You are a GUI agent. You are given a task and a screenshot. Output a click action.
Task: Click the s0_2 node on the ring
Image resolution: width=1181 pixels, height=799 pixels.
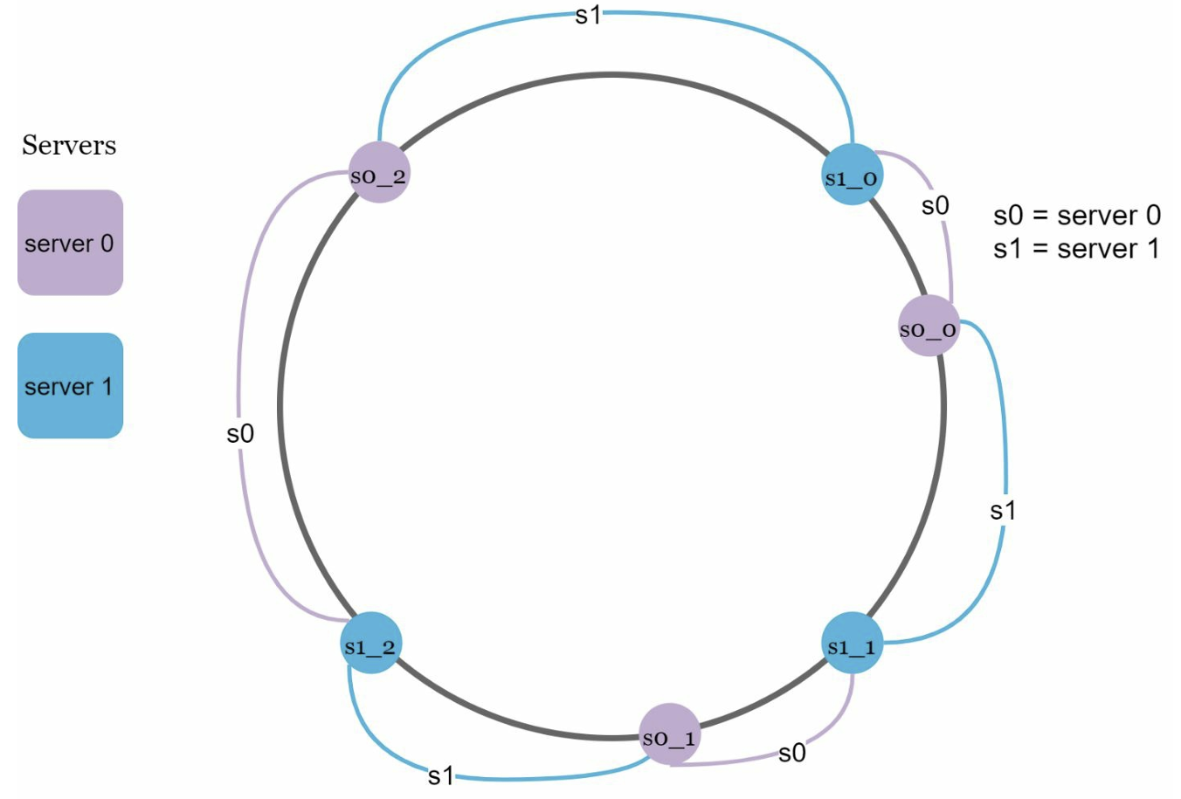coord(379,172)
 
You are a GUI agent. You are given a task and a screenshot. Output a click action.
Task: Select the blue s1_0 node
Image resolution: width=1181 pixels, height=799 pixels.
coord(852,174)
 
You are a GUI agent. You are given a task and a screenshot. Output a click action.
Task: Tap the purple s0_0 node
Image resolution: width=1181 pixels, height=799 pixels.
coord(929,325)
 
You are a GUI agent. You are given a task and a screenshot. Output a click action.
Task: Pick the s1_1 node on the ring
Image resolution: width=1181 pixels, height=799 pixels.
coord(852,643)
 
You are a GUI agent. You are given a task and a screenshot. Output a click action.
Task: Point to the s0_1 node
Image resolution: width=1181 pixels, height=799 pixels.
coord(670,734)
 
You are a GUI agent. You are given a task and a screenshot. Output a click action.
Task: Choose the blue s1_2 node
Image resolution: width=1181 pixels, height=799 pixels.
coord(370,643)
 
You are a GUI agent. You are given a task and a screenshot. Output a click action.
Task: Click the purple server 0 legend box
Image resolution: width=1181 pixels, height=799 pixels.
coord(70,243)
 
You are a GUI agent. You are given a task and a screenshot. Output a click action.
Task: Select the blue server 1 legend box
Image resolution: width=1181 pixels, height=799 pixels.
coord(70,385)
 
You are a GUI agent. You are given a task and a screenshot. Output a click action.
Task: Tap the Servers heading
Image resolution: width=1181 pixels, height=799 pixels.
coord(69,145)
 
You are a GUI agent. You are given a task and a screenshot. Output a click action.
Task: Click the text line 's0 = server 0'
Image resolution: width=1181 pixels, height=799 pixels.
coord(1076,215)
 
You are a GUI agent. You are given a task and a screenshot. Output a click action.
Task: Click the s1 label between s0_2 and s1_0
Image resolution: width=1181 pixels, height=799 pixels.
coord(588,16)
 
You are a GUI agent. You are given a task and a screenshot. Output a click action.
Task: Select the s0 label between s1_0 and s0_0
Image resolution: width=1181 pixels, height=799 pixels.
coord(936,205)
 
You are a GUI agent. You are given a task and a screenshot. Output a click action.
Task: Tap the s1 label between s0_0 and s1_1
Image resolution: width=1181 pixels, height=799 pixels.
coord(1003,510)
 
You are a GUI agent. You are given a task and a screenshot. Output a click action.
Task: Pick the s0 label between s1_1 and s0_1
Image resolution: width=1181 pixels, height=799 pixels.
coord(792,753)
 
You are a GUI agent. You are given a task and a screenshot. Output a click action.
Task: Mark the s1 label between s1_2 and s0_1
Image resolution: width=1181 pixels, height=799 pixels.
coord(441,775)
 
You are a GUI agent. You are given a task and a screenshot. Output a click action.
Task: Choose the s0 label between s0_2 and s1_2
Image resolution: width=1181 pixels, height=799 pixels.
coord(240,433)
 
